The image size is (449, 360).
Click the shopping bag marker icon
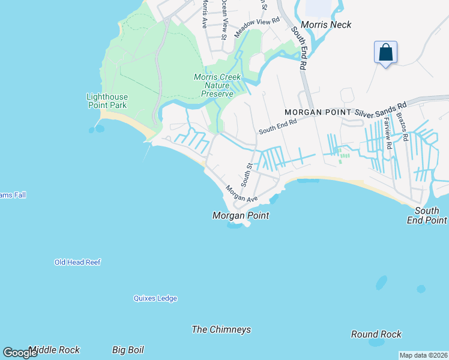point(385,52)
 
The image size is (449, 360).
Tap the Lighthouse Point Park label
point(107,101)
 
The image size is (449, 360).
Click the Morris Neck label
point(326,25)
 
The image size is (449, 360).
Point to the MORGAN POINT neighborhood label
point(318,112)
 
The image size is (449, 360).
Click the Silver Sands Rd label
point(381,108)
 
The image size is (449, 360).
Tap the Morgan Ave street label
point(241,194)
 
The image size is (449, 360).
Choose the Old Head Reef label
point(77,262)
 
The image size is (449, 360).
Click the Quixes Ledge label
point(155,298)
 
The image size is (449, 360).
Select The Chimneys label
point(221,329)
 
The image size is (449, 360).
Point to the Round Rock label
point(376,334)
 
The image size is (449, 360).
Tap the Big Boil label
point(128,350)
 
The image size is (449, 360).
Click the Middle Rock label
point(54,350)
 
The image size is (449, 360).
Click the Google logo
point(20,353)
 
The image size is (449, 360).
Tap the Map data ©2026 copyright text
point(423,355)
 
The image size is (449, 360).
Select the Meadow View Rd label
point(257,28)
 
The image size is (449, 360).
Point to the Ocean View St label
point(223,19)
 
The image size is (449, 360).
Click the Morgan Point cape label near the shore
point(241,215)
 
